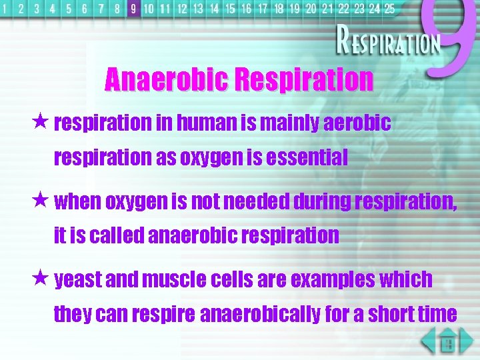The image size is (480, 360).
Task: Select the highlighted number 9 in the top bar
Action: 133,9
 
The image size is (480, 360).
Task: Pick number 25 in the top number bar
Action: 389,9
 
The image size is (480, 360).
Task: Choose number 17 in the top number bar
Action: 262,9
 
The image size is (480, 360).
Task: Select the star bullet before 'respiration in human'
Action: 41,123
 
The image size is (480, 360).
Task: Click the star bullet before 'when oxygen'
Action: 41,201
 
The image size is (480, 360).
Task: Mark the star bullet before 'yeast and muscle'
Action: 41,279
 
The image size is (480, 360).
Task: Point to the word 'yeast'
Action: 78,280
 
